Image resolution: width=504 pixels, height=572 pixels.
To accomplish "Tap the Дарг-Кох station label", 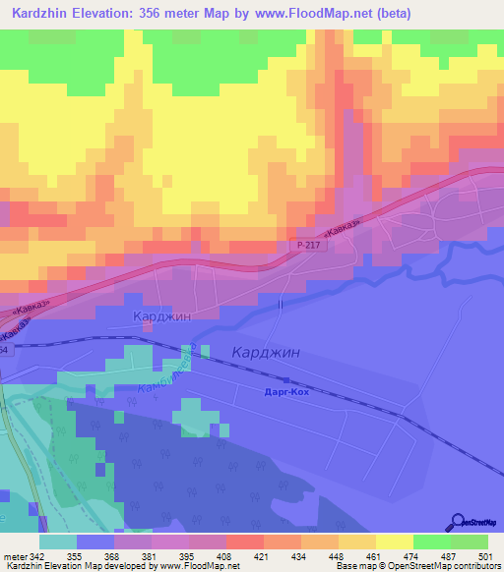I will point(288,392).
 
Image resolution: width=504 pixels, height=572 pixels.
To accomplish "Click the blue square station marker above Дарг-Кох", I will point(285,380).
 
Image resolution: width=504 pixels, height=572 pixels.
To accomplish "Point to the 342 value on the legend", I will point(38,556).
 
